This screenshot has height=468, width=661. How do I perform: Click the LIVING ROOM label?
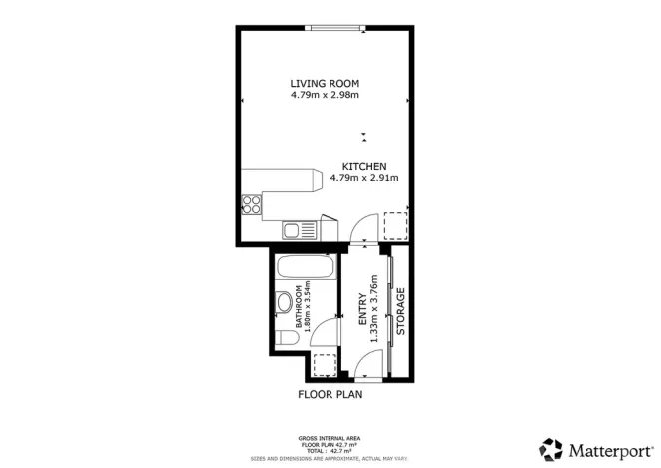pos(324,83)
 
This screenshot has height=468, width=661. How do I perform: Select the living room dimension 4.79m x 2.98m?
pos(324,95)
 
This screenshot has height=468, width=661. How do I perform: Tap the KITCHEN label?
pos(364,166)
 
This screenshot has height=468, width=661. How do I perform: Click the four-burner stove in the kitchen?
pos(252,206)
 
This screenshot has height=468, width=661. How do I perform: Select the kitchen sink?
pos(293,231)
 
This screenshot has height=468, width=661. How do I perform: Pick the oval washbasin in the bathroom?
pos(282,301)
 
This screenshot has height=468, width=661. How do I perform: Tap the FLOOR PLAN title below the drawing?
pos(330,394)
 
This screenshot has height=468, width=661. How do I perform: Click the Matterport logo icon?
pos(550,448)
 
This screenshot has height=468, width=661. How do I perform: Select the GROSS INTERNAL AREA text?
pos(330,438)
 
